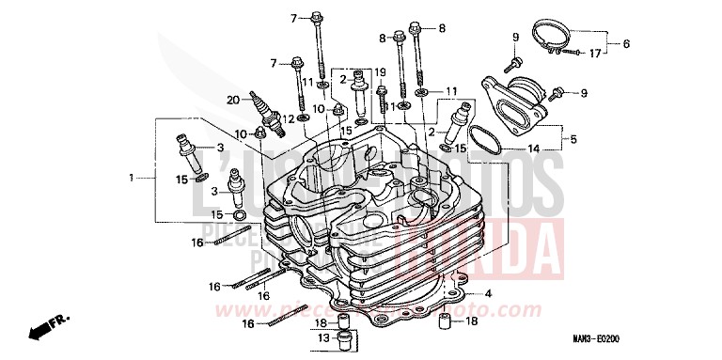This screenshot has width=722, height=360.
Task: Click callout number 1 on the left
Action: [133, 176]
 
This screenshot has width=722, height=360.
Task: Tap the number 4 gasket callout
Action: [488, 293]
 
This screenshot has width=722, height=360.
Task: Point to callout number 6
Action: [627, 43]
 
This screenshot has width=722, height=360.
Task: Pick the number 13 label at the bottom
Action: [322, 337]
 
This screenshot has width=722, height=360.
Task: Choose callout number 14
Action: [534, 149]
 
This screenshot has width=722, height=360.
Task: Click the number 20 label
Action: [230, 100]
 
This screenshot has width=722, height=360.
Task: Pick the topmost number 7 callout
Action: [267, 18]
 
